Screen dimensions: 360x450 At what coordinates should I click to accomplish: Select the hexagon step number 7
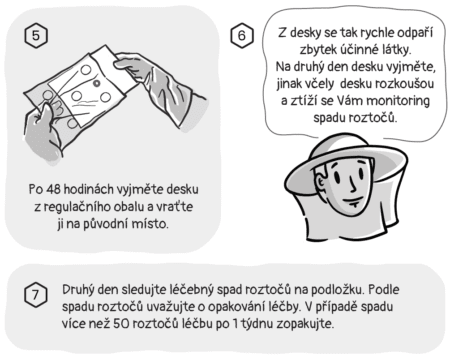coord(34,295)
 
